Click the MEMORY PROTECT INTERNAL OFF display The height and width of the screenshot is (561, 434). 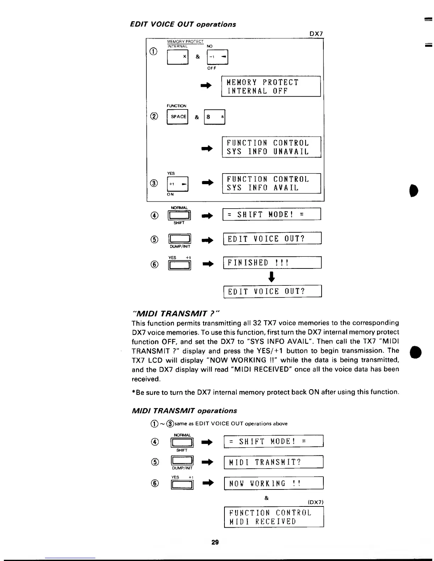coord(271,86)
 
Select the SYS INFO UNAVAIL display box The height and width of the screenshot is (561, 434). coord(271,147)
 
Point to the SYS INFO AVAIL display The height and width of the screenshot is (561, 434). coord(271,183)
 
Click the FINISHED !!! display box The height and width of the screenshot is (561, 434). coord(272,263)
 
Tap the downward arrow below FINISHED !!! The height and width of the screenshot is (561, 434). coord(272,277)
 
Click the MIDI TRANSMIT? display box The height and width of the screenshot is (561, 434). coord(273,462)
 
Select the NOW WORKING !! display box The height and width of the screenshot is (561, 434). coord(273,483)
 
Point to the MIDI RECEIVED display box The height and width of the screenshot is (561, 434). coord(274,517)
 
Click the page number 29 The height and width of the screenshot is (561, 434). coord(215,542)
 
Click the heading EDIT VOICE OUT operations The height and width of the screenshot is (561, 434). coord(183,24)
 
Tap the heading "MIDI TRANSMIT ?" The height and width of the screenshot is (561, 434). coord(176,313)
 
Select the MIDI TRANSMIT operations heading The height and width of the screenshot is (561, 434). coord(184,411)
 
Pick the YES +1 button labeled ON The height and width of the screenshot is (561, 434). coord(177,184)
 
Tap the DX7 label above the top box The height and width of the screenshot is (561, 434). coord(316,34)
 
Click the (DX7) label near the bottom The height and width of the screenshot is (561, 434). coord(315,502)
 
